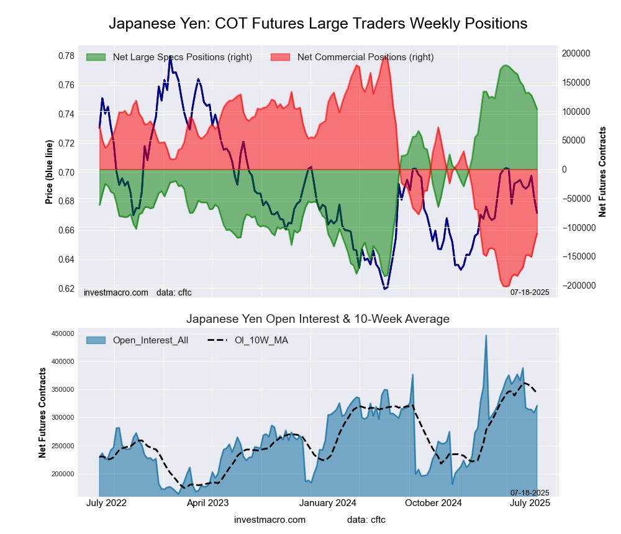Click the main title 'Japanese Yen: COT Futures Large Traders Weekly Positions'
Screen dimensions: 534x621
318,24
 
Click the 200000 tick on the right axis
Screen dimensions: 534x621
577,53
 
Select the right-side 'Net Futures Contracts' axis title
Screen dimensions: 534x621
602,171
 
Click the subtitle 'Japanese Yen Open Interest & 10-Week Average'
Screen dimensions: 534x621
318,319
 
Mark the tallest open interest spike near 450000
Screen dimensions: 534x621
486,336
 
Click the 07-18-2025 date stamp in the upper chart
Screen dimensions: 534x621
530,292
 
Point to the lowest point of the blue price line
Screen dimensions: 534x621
385,289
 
